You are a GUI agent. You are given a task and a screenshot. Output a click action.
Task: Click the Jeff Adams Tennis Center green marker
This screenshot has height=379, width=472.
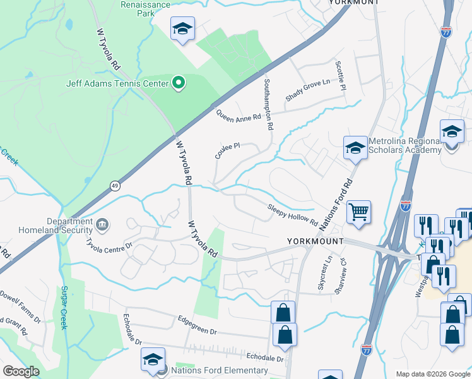[x=179, y=83]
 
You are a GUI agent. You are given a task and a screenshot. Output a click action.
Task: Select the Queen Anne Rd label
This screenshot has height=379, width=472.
[x=238, y=116]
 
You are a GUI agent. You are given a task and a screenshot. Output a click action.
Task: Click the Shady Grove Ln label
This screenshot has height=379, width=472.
[x=307, y=90]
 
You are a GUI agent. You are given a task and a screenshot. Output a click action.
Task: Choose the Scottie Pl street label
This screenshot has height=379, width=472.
[x=341, y=75]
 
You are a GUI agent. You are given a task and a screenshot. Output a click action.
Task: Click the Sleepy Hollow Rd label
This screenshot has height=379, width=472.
[x=292, y=214]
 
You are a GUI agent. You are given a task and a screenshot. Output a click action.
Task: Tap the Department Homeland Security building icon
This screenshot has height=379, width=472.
[x=102, y=224]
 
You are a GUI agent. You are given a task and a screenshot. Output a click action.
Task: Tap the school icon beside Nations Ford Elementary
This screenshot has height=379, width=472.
[x=152, y=359]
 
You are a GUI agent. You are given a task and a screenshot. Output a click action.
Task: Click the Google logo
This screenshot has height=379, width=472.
[x=21, y=371]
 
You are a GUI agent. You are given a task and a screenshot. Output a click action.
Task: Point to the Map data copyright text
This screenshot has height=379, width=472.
[x=432, y=373]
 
